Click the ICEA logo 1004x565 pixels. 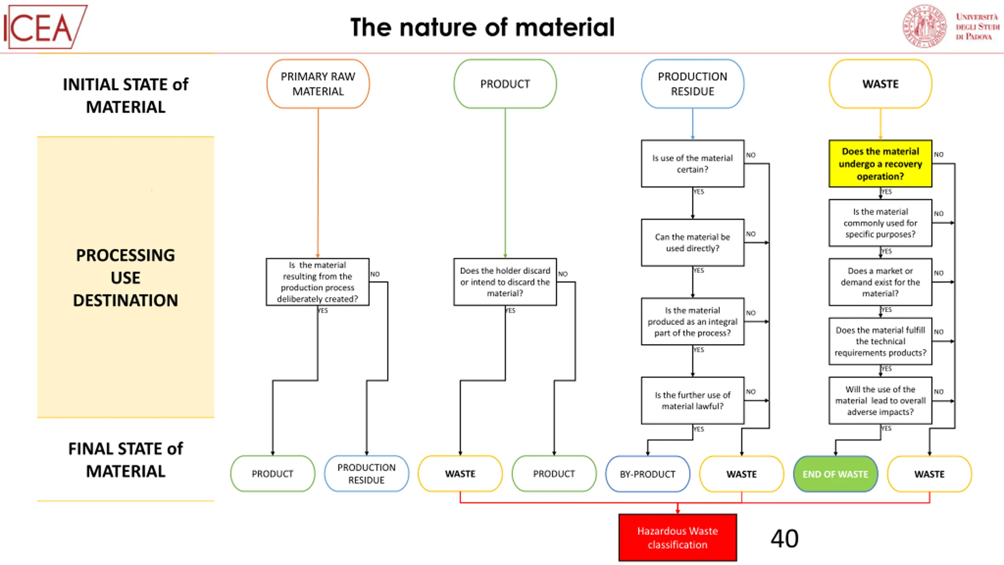click(x=45, y=27)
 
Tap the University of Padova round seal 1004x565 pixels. click(x=925, y=26)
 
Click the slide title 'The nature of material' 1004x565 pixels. click(x=482, y=27)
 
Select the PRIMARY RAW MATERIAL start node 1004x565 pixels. click(x=318, y=84)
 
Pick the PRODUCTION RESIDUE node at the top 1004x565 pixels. click(x=693, y=84)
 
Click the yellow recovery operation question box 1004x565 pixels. click(x=880, y=164)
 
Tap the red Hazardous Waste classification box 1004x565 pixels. click(x=678, y=538)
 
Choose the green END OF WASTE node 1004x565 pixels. click(x=835, y=474)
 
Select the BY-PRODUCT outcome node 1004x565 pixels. click(x=648, y=474)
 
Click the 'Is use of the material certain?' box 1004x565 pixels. click(x=693, y=164)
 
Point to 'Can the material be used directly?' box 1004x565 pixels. click(x=693, y=242)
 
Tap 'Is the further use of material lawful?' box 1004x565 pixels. click(x=693, y=401)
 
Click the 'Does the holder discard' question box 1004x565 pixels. click(x=505, y=282)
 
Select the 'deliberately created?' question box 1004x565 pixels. click(x=318, y=282)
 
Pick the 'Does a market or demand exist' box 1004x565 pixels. click(x=880, y=282)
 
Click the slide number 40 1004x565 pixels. click(x=784, y=538)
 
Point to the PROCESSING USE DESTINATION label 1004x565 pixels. click(x=125, y=278)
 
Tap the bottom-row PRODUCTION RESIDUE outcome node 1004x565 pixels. click(x=367, y=474)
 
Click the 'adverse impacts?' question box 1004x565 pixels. click(x=880, y=401)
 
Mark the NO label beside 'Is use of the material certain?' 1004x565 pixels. click(x=751, y=155)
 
